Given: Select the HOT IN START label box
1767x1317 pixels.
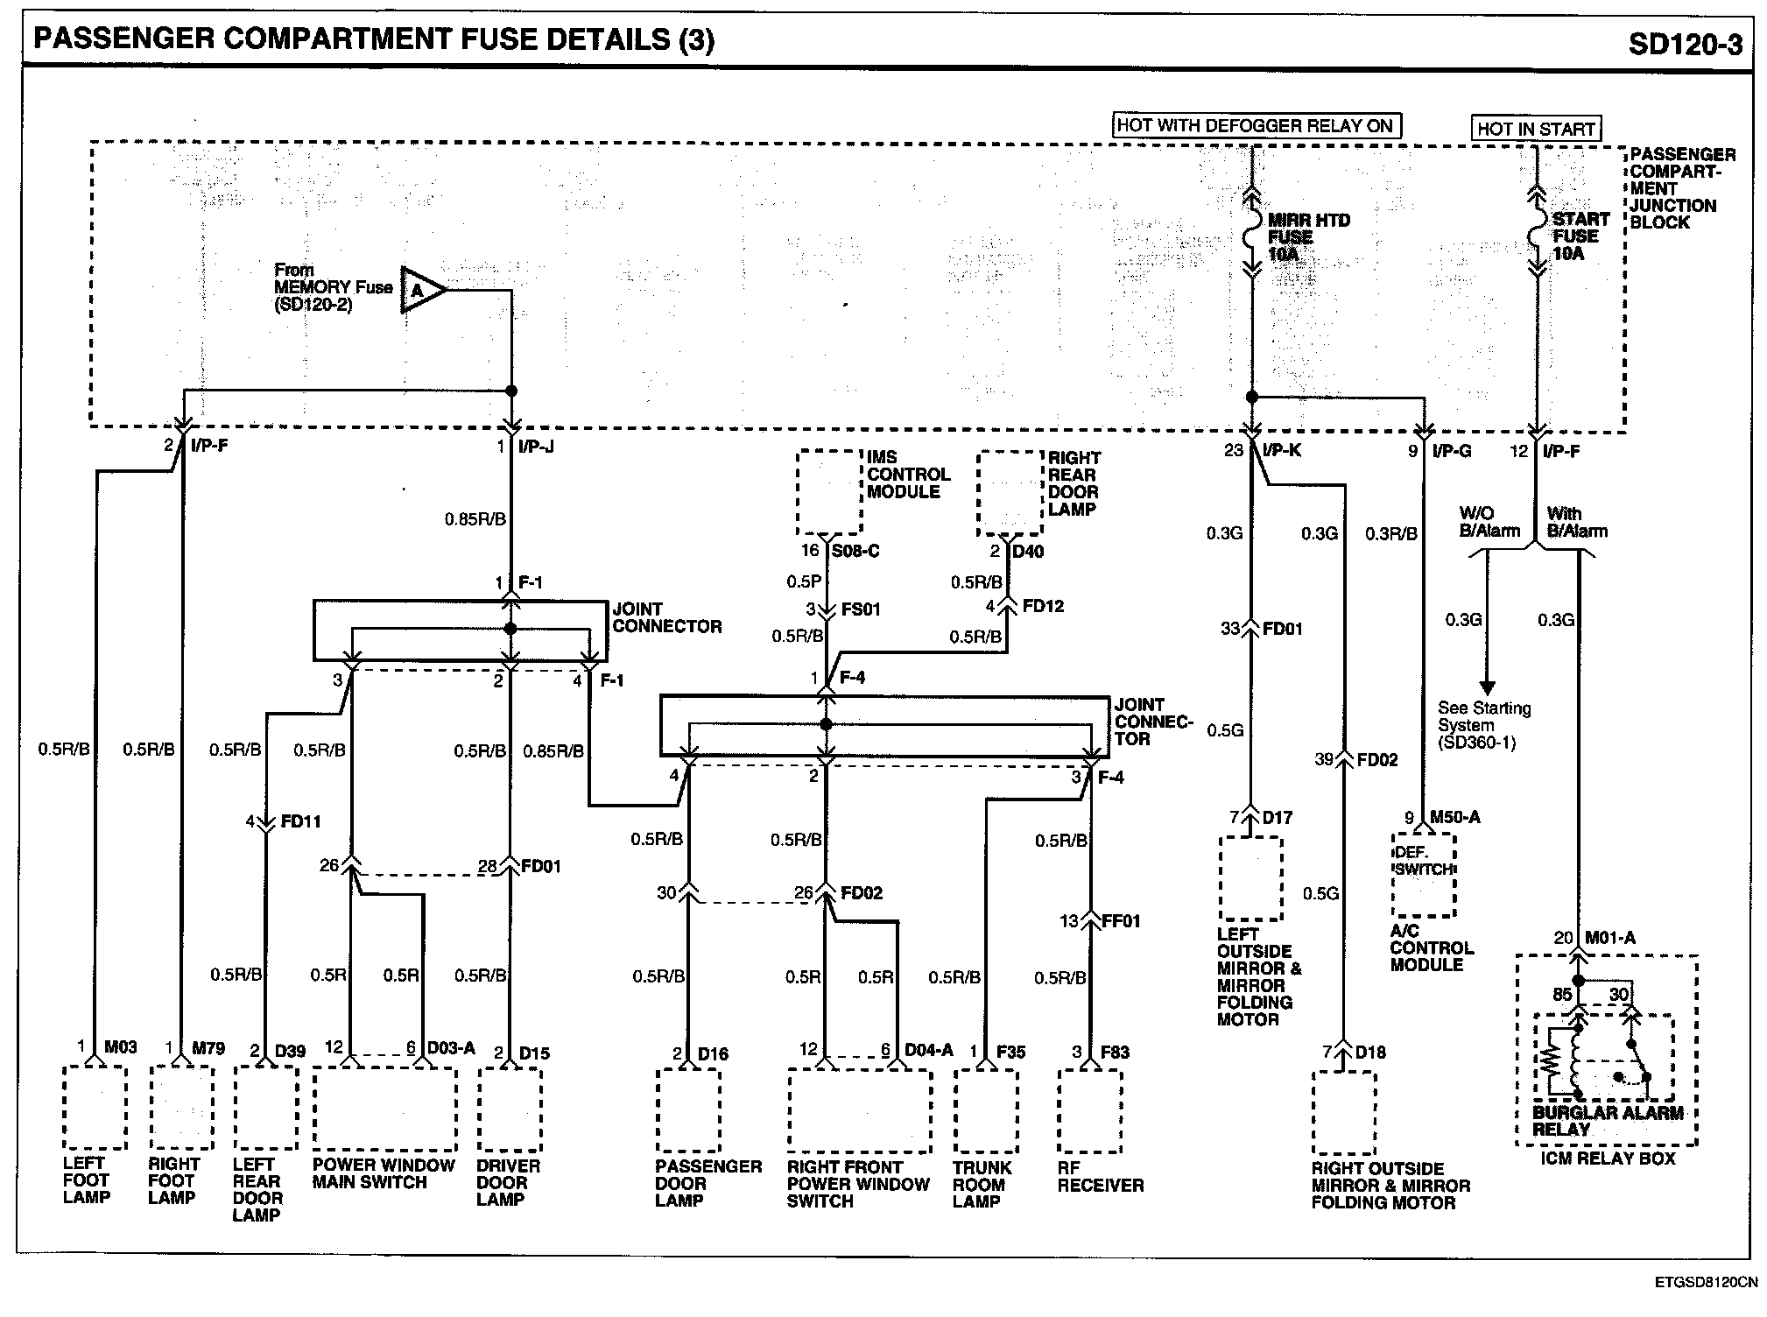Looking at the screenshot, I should point(1536,129).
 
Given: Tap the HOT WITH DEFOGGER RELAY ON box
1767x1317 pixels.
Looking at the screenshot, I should point(1255,125).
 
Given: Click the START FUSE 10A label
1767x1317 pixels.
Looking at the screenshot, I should point(1580,236).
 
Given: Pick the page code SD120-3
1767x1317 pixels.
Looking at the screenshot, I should point(1685,44).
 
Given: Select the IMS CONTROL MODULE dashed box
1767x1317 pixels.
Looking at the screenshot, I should point(828,492).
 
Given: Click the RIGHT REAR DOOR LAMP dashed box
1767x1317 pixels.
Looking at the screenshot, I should point(1010,493).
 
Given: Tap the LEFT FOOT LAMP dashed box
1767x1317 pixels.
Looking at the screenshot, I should point(95,1108).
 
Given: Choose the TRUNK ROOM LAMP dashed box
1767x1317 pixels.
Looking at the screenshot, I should point(985,1110).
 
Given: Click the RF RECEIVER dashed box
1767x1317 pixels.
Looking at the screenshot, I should point(1089,1110).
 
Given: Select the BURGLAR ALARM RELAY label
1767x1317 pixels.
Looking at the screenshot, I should point(1607,1121).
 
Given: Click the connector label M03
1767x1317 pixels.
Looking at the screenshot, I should point(121,1046).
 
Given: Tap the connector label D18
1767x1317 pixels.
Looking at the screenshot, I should point(1370,1052).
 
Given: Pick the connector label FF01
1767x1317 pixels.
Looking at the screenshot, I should point(1121,921).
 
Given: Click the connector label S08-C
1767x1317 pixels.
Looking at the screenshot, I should point(855,551).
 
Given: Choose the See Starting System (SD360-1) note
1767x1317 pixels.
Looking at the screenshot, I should point(1483,725).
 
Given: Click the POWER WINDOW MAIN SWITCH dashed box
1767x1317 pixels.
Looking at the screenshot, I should point(384,1108).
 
